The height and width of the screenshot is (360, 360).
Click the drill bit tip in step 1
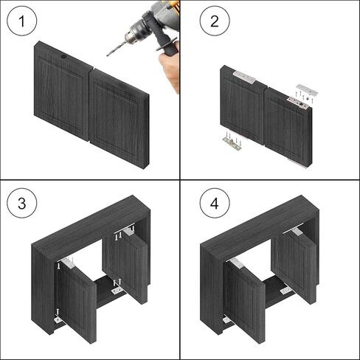[108, 52]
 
